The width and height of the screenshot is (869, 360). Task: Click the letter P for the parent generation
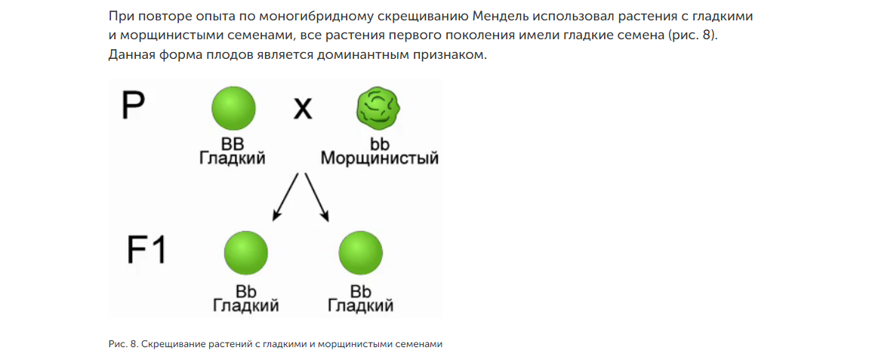[x=134, y=106]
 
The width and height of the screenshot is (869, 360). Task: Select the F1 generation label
[x=146, y=250]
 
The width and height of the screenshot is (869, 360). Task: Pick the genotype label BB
[x=233, y=143]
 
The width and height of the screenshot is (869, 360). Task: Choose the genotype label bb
[x=380, y=143]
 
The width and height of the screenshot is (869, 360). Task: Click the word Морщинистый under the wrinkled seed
[x=380, y=158]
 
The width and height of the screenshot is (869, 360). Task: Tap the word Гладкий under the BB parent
[x=233, y=158]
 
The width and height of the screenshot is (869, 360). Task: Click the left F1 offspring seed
[x=246, y=253]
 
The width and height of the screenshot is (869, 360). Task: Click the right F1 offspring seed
[x=361, y=253]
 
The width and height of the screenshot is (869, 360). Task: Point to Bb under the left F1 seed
[x=246, y=291]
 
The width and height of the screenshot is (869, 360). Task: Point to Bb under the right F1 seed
[x=361, y=291]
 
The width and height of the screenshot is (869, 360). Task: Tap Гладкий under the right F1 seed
[x=361, y=306]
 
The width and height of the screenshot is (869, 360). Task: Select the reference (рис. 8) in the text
[x=690, y=35]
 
